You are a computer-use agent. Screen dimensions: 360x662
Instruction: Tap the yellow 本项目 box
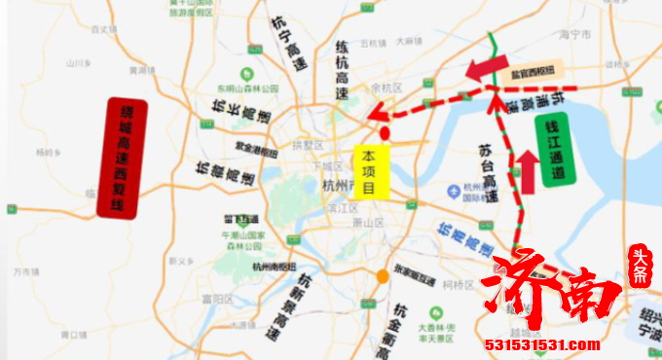coord(371,171)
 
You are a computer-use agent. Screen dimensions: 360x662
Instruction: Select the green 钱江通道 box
coord(556,149)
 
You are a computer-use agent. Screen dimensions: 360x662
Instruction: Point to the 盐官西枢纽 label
coord(533,71)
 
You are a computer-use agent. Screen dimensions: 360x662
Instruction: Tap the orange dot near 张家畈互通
coord(384,276)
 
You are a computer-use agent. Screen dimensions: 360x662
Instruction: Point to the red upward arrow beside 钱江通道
coord(527,171)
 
